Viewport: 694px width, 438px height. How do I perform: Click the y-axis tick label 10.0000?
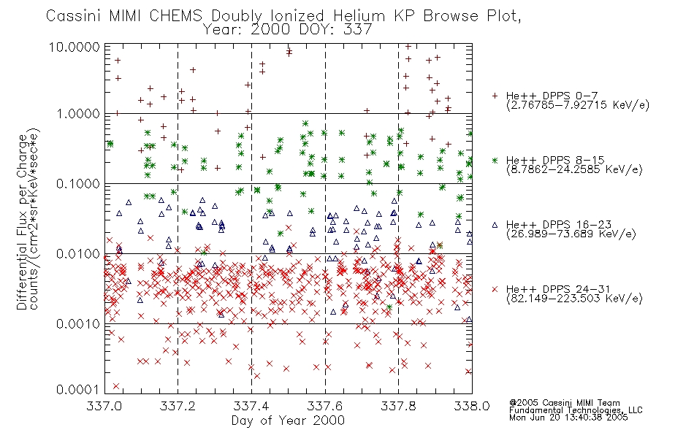79,46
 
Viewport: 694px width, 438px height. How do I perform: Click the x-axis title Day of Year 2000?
288,420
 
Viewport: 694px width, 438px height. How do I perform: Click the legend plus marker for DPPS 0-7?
495,96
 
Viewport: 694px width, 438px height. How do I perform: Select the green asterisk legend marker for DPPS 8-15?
495,160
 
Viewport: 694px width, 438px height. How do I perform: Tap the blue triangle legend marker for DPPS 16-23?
495,224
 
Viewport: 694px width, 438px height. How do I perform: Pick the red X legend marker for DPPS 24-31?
495,289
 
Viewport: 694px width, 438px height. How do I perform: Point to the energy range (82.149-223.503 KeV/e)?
574,299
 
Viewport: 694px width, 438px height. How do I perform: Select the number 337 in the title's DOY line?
359,30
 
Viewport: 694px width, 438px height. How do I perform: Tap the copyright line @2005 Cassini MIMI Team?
565,402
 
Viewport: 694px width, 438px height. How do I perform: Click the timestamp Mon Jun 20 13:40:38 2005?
568,418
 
